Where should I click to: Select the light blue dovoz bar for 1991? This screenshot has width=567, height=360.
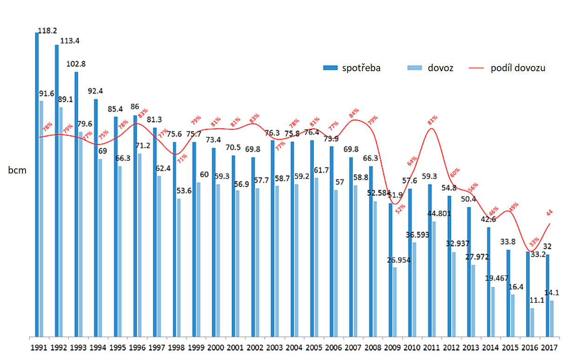[41, 219]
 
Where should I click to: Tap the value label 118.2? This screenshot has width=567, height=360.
[47, 31]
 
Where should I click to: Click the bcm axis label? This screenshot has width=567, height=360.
[17, 170]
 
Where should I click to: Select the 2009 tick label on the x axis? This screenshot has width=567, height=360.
[392, 347]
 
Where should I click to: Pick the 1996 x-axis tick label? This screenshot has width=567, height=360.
[136, 347]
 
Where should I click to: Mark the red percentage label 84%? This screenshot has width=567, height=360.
[354, 113]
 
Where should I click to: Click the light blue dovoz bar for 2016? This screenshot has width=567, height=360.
[532, 322]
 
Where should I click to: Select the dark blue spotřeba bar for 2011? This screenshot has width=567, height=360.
[430, 260]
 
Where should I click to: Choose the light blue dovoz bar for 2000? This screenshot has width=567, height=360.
[218, 260]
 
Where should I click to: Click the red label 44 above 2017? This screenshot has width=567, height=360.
[549, 213]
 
